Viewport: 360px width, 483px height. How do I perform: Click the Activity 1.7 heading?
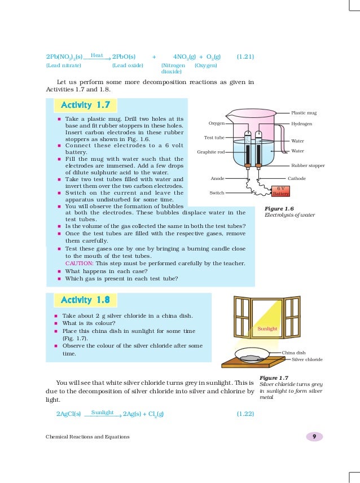85,106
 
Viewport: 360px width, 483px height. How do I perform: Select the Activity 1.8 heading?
85,300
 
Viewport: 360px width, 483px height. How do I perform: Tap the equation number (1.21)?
245,57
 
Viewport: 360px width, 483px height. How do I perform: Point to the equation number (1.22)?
245,414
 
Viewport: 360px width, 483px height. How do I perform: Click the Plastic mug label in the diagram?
304,113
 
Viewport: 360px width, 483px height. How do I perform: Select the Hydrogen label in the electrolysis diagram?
302,124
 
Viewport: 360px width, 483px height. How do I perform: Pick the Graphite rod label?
211,152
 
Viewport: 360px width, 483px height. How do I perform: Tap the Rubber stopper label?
308,166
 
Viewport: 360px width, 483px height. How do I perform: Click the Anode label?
218,178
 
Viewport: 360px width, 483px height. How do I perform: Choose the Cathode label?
297,178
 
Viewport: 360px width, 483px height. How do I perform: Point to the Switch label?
217,193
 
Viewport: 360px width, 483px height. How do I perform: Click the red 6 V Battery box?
280,191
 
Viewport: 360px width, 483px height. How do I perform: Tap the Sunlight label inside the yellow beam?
267,328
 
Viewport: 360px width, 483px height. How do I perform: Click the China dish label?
293,352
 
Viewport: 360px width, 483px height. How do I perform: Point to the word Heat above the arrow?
96,54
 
